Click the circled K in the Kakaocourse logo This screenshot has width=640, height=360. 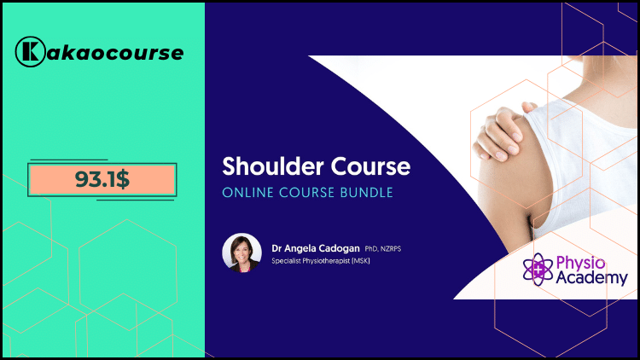(30, 52)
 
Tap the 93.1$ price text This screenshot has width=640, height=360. (102, 179)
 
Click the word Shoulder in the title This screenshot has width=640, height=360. (273, 166)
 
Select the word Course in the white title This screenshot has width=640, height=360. (370, 166)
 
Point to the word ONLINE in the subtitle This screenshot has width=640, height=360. (247, 193)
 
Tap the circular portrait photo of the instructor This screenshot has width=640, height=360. (241, 253)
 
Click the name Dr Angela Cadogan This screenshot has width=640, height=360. (316, 248)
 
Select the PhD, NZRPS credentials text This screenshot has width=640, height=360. (383, 248)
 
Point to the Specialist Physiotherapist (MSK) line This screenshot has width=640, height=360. (321, 261)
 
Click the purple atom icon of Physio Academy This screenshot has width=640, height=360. (538, 269)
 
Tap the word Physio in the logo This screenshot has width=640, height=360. (580, 264)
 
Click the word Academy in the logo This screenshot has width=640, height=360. (591, 278)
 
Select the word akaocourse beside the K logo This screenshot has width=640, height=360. (115, 53)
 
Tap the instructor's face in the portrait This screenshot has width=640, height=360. (241, 250)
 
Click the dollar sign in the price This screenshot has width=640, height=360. (122, 179)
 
